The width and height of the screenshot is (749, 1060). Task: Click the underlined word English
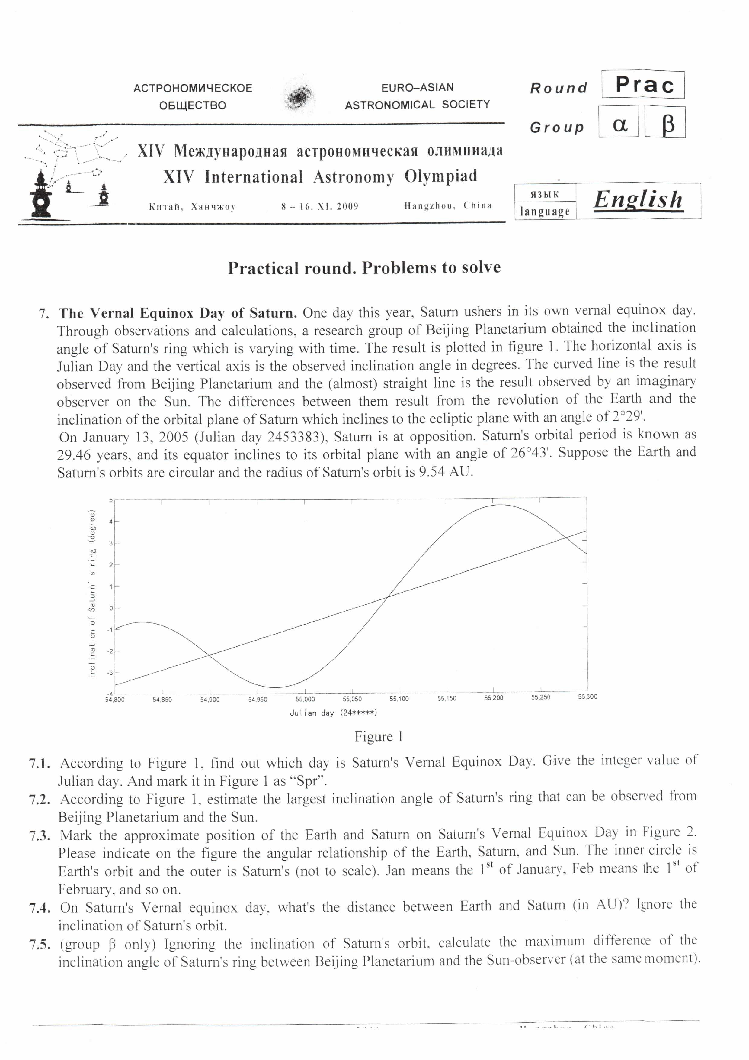(638, 200)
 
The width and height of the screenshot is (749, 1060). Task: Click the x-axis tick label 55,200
(494, 698)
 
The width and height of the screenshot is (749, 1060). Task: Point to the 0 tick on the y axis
(111, 608)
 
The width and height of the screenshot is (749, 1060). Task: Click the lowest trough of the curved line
(274, 687)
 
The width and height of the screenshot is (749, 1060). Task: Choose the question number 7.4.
(40, 908)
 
